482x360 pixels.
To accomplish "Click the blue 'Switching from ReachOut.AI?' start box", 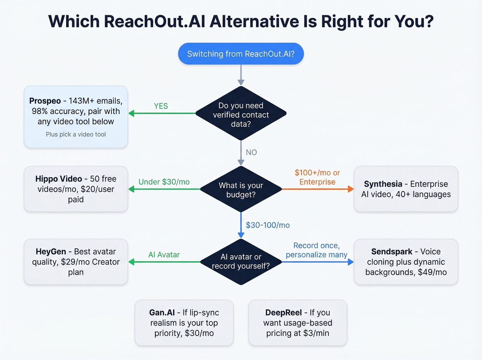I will (x=241, y=54).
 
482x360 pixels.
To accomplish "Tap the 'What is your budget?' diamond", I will (x=241, y=189).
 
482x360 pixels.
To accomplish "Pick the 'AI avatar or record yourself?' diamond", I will (x=241, y=261).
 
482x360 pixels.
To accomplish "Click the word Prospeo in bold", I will (x=45, y=101).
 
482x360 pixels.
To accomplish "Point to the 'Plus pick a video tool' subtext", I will (x=76, y=134).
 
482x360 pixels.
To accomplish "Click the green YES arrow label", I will (x=161, y=106).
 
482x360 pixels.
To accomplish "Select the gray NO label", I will (x=251, y=152).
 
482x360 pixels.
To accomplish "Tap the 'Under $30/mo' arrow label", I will (x=164, y=182).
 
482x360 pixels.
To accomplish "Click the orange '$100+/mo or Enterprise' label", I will (x=317, y=177).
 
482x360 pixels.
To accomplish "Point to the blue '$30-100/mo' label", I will (x=268, y=225).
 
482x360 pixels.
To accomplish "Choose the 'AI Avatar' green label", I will (x=164, y=255).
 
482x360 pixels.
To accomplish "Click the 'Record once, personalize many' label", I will (x=316, y=250).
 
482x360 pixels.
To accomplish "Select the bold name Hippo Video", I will (x=59, y=179).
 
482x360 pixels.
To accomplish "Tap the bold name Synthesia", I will (x=383, y=184).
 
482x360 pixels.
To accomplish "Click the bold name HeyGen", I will (x=51, y=251).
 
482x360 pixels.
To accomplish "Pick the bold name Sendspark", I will (x=391, y=251).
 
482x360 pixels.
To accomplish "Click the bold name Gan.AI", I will (x=162, y=312).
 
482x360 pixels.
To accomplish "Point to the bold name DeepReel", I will (x=283, y=312).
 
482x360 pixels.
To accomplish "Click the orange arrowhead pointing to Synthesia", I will (x=350, y=189).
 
